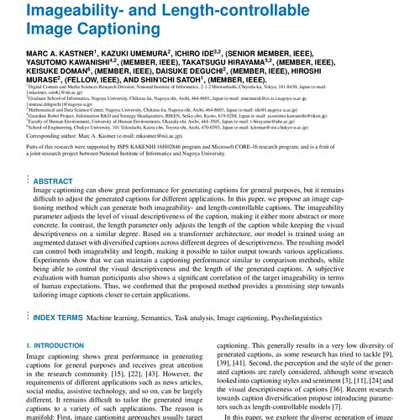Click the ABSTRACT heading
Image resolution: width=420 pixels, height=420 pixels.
click(53, 181)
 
